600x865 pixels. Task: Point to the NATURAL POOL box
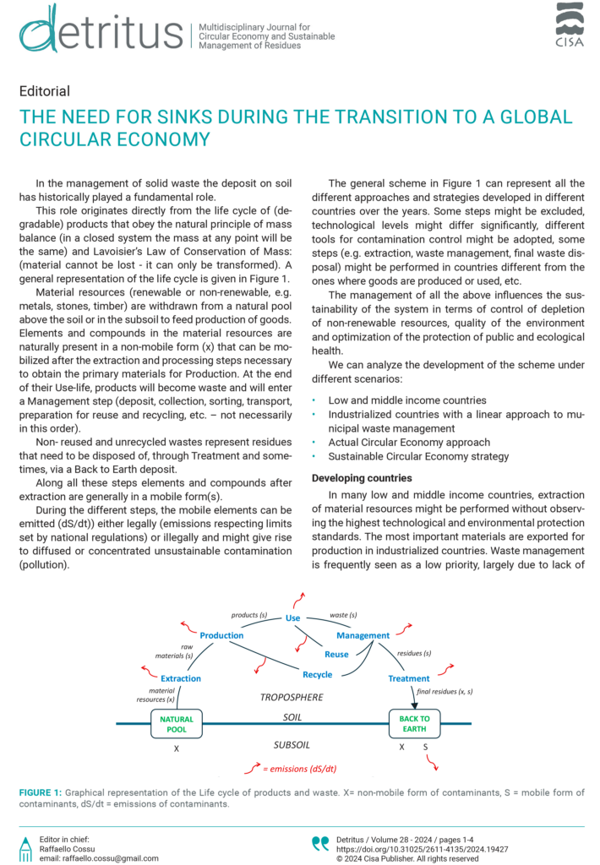click(177, 724)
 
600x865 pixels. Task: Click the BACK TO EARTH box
click(414, 724)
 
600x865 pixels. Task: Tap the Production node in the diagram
click(221, 634)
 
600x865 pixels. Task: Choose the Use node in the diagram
click(293, 618)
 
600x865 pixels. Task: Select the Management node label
click(363, 634)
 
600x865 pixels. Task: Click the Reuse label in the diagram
click(336, 655)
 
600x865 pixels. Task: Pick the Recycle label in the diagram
click(317, 675)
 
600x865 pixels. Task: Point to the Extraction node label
click(181, 678)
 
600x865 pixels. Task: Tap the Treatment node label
click(409, 678)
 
